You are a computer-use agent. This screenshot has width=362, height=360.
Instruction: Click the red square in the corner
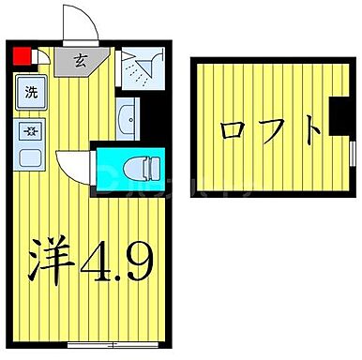tap(20, 52)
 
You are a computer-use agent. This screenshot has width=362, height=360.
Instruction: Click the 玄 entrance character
tap(81, 63)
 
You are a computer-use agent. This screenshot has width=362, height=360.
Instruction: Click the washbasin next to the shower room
tap(128, 118)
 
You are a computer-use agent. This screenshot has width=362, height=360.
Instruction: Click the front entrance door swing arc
tap(73, 21)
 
